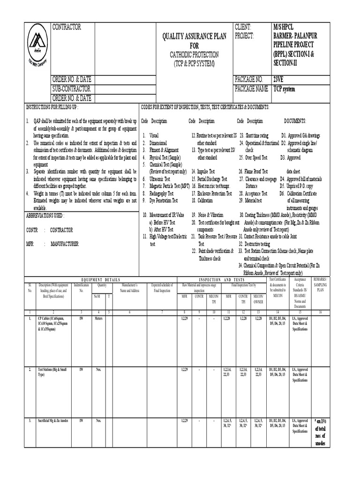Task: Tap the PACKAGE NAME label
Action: click(x=253, y=89)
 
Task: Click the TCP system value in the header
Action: click(x=285, y=89)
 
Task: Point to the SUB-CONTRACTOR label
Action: click(x=71, y=89)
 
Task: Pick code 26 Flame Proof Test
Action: click(x=254, y=172)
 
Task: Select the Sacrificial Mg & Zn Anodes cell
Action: click(x=53, y=420)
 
